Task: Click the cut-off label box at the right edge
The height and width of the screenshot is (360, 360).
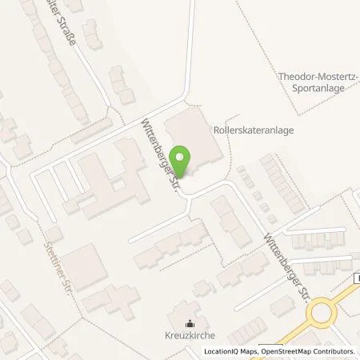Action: [356, 278]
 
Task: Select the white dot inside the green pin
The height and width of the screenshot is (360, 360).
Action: [182, 157]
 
